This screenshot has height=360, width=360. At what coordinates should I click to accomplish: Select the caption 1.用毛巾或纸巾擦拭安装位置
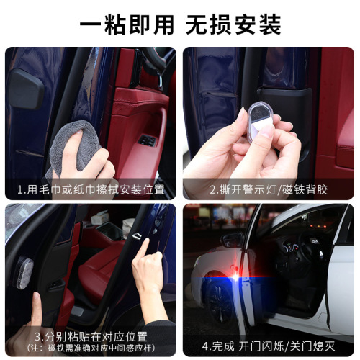point(91,190)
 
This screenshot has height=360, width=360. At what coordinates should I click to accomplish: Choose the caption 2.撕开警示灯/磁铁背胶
point(268,190)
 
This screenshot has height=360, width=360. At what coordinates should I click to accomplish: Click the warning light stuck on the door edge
point(24,273)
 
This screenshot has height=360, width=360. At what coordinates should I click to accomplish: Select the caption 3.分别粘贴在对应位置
point(91,336)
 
